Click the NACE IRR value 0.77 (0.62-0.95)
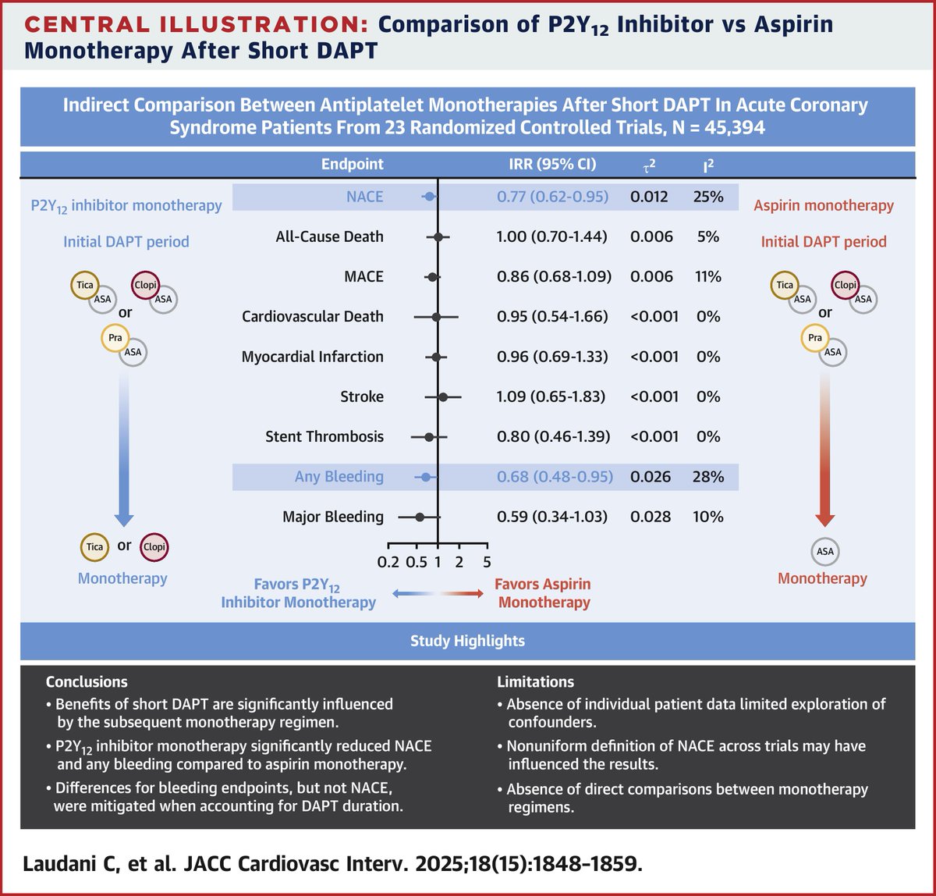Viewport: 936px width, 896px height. pyautogui.click(x=552, y=197)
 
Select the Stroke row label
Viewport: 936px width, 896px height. pyautogui.click(x=362, y=396)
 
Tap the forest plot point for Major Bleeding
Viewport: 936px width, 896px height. pyautogui.click(x=420, y=517)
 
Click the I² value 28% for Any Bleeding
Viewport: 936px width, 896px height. pyautogui.click(x=707, y=476)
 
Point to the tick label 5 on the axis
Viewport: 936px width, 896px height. pyautogui.click(x=487, y=562)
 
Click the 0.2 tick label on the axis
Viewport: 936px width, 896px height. pyautogui.click(x=388, y=562)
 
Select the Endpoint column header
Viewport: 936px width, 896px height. pyautogui.click(x=353, y=165)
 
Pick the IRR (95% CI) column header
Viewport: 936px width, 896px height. pyautogui.click(x=552, y=165)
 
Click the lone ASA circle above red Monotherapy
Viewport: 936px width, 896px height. pyautogui.click(x=824, y=551)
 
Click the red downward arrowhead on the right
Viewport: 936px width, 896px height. pyautogui.click(x=824, y=520)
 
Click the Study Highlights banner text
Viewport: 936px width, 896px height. pyautogui.click(x=467, y=641)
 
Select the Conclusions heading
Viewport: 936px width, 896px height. pyautogui.click(x=87, y=681)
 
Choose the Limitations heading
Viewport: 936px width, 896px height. pyautogui.click(x=535, y=681)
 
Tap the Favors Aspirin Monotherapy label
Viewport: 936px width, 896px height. pyautogui.click(x=544, y=593)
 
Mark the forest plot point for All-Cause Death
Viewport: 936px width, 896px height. pyautogui.click(x=438, y=236)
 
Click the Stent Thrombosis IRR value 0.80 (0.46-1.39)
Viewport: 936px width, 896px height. pyautogui.click(x=554, y=436)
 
